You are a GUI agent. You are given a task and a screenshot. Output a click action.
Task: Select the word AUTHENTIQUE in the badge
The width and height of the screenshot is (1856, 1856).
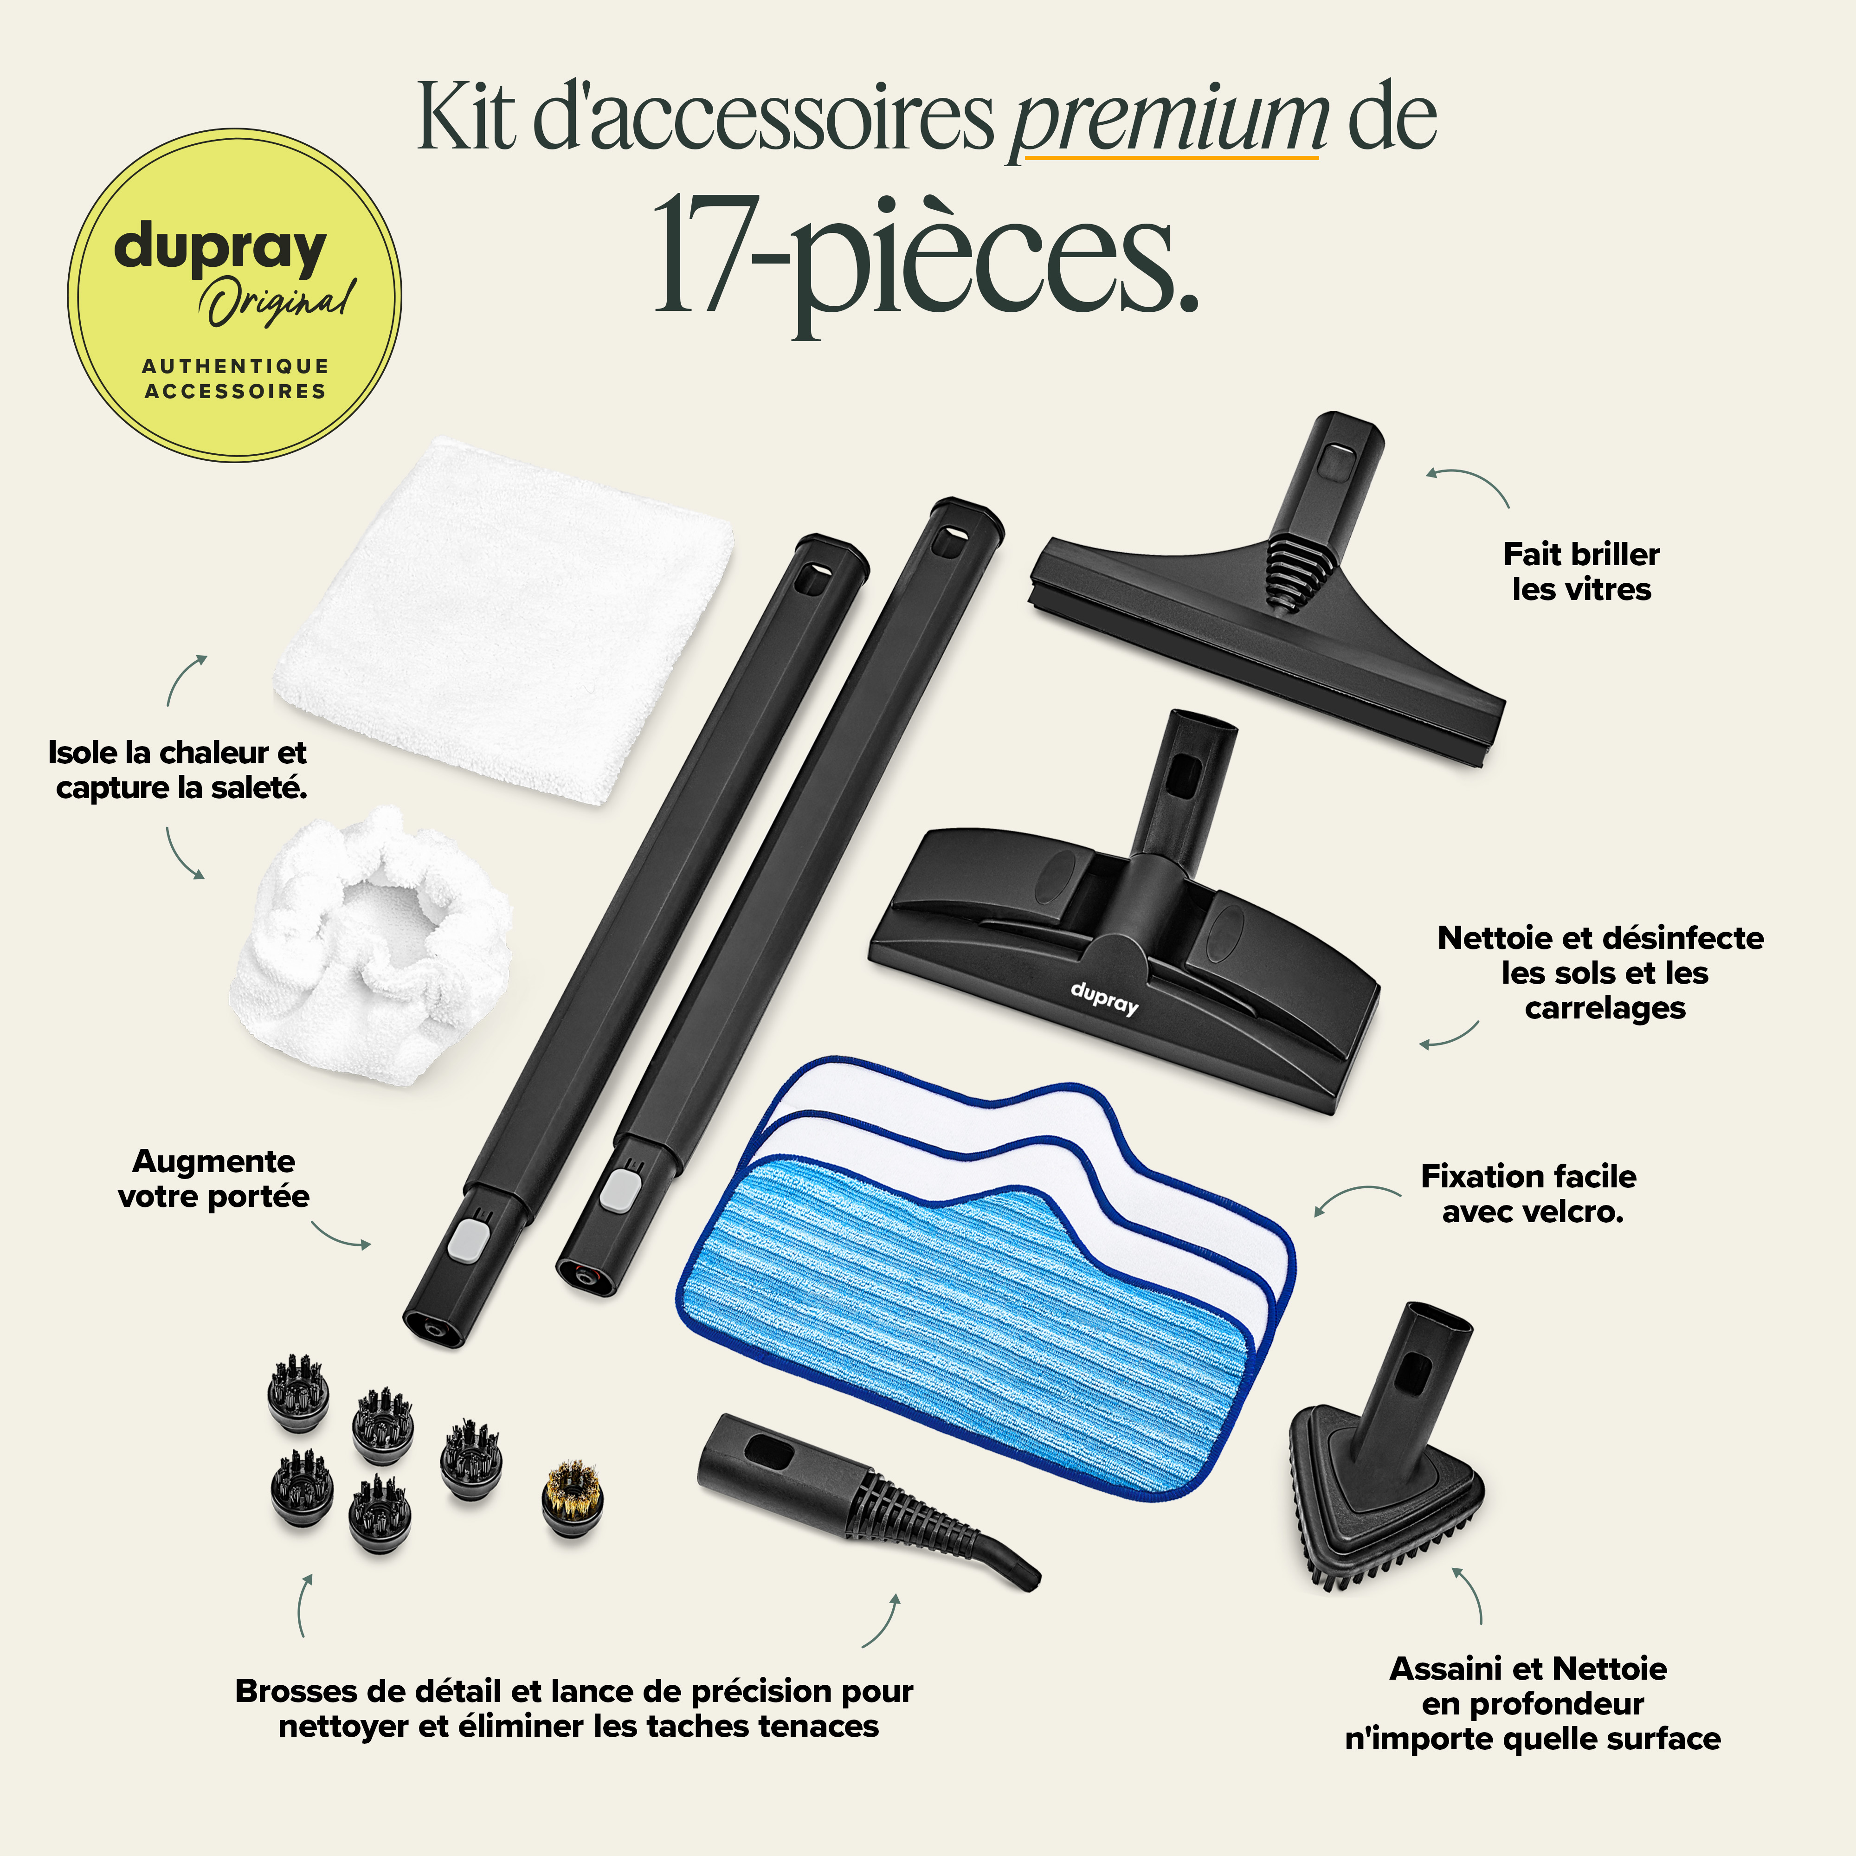pyautogui.click(x=235, y=366)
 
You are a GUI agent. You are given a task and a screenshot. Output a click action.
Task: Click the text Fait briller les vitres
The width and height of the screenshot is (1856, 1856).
pyautogui.click(x=1581, y=572)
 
